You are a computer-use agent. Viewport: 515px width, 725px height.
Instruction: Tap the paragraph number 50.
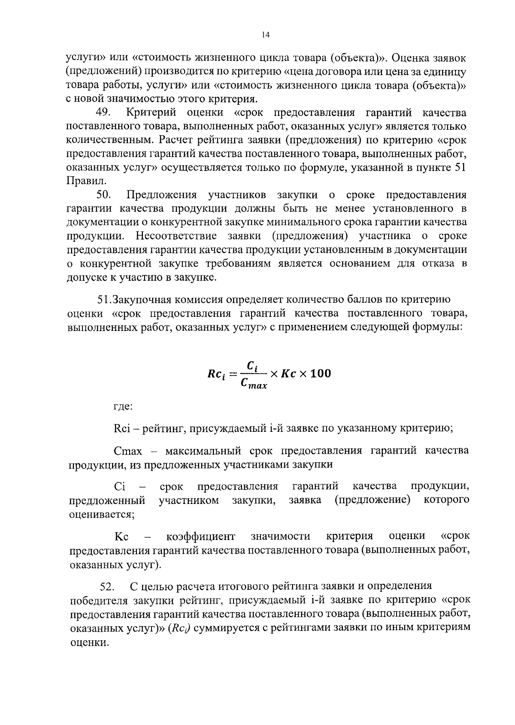coord(104,195)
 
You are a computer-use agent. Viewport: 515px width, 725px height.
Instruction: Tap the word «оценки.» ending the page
coord(89,643)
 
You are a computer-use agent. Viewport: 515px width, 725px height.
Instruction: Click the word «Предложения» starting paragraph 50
coord(162,195)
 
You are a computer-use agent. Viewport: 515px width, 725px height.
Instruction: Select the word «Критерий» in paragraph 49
coord(151,113)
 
